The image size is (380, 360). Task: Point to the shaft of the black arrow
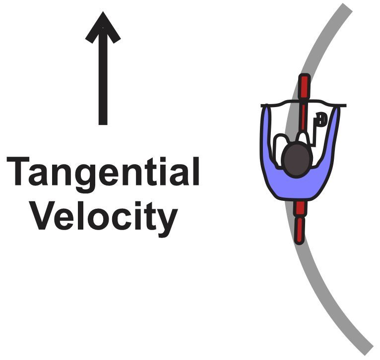(x=103, y=84)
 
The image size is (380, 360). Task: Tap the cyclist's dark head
(x=297, y=160)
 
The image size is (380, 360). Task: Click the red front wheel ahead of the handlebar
(x=304, y=87)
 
